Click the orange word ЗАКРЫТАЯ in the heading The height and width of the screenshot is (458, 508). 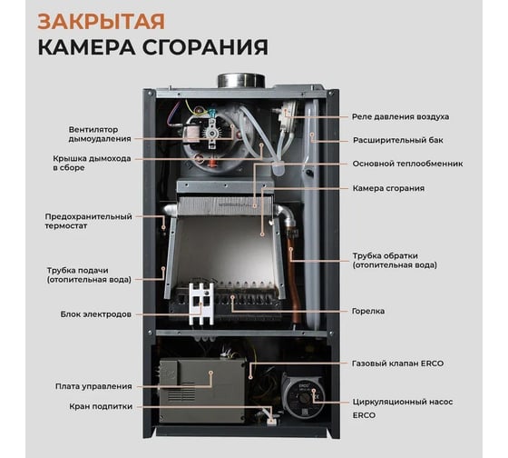click(x=101, y=22)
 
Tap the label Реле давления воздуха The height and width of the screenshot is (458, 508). click(x=400, y=117)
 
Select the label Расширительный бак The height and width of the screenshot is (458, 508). click(x=398, y=141)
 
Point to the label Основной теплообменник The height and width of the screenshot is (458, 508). click(x=407, y=164)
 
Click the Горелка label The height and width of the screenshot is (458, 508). click(x=368, y=312)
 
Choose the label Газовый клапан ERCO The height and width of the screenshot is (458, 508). click(x=397, y=363)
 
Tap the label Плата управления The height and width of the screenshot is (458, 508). click(x=93, y=386)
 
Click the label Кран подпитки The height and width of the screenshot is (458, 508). click(x=101, y=407)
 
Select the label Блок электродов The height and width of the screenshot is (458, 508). click(x=96, y=314)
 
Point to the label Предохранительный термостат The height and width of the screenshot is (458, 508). click(x=89, y=221)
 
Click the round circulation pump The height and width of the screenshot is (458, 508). click(x=302, y=395)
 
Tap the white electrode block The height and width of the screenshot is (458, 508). click(x=201, y=304)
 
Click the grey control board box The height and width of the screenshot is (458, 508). click(x=201, y=391)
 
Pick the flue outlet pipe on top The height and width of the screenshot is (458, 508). click(x=241, y=81)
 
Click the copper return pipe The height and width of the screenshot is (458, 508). click(x=293, y=278)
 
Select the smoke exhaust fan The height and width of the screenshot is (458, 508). click(x=213, y=139)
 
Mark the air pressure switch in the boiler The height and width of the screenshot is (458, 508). click(x=286, y=116)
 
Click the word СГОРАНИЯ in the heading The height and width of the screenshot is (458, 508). click(x=205, y=47)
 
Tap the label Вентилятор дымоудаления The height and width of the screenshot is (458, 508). click(x=100, y=134)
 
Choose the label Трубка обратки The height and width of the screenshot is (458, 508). click(x=395, y=260)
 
